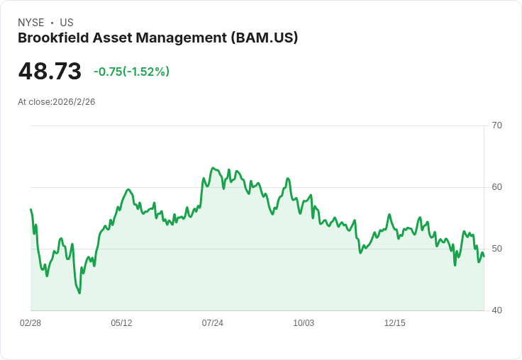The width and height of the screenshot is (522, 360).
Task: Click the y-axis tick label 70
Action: coord(496,125)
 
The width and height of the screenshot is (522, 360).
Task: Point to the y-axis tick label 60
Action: coord(496,187)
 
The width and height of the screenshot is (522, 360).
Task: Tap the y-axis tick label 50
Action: coord(496,249)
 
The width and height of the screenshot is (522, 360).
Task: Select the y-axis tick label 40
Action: coord(496,310)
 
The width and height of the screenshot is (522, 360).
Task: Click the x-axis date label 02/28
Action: coord(30,323)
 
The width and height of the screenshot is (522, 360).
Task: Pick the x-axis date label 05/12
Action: coord(121,323)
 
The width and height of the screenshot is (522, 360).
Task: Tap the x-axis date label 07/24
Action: coord(213,323)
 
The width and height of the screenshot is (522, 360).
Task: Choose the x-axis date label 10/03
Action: coord(304,323)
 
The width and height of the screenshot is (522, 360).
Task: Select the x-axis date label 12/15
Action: coord(395,323)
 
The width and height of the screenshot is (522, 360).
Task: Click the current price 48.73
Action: coord(50,72)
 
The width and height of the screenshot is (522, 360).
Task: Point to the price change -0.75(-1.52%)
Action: coord(131,72)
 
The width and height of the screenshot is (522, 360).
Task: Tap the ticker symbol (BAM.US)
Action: coord(265,38)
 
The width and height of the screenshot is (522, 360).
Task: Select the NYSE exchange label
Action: coord(30,23)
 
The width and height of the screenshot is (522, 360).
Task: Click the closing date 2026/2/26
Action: coord(74,102)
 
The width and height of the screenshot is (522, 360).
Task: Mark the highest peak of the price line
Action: coord(213,168)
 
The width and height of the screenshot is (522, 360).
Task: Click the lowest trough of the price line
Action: coord(79,293)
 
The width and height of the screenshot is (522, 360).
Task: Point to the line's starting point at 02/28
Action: coord(30,209)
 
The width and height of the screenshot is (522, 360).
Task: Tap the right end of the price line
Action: coord(484,257)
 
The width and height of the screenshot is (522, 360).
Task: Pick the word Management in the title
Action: coord(180,38)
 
